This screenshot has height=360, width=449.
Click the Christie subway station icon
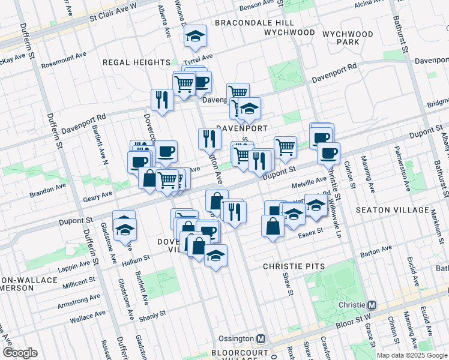click(x=372, y=305)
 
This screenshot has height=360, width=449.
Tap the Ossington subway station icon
click(x=261, y=338)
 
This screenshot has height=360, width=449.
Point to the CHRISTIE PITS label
click(x=294, y=266)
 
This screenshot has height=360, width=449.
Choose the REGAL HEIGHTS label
click(x=136, y=62)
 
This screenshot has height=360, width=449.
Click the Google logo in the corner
click(x=19, y=353)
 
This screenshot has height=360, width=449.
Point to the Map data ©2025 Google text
click(x=412, y=355)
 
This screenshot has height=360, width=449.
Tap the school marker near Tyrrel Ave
click(x=195, y=37)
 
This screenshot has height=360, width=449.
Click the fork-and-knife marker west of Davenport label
click(x=161, y=100)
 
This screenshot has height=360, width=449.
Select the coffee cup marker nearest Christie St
click(x=328, y=154)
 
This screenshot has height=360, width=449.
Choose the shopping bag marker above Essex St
click(x=273, y=227)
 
